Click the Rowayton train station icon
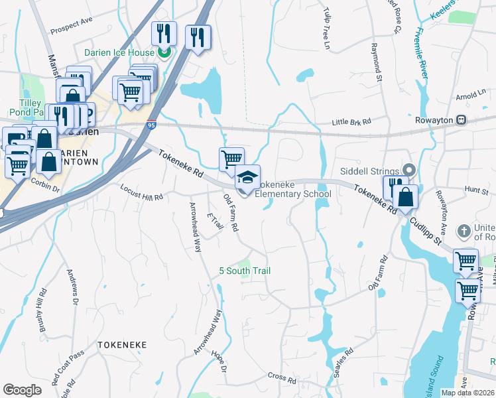(x=461, y=120)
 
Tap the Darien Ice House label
(x=119, y=52)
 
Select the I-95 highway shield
(x=151, y=124)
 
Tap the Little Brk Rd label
(x=351, y=122)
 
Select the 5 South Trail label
(x=245, y=271)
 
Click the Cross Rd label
(x=282, y=379)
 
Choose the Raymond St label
(x=377, y=63)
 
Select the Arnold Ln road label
(x=472, y=96)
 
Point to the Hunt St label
(x=476, y=190)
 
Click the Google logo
(x=23, y=390)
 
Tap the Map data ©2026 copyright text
(x=467, y=393)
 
